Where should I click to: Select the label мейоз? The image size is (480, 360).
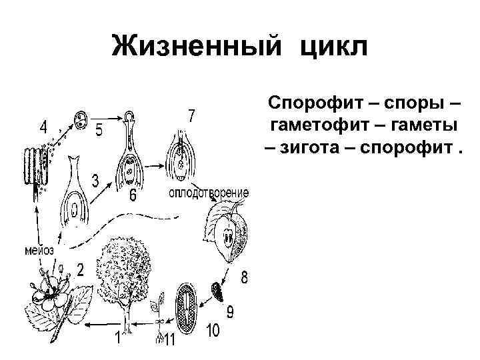point(39,251)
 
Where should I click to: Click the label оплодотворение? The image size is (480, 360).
point(209,193)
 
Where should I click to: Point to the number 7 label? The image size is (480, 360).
point(191,115)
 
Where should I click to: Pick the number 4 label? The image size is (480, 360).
point(43,126)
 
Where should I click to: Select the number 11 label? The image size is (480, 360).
point(170,340)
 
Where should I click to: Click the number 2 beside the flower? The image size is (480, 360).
point(80,271)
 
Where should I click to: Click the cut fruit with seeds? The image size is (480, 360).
point(226,234)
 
